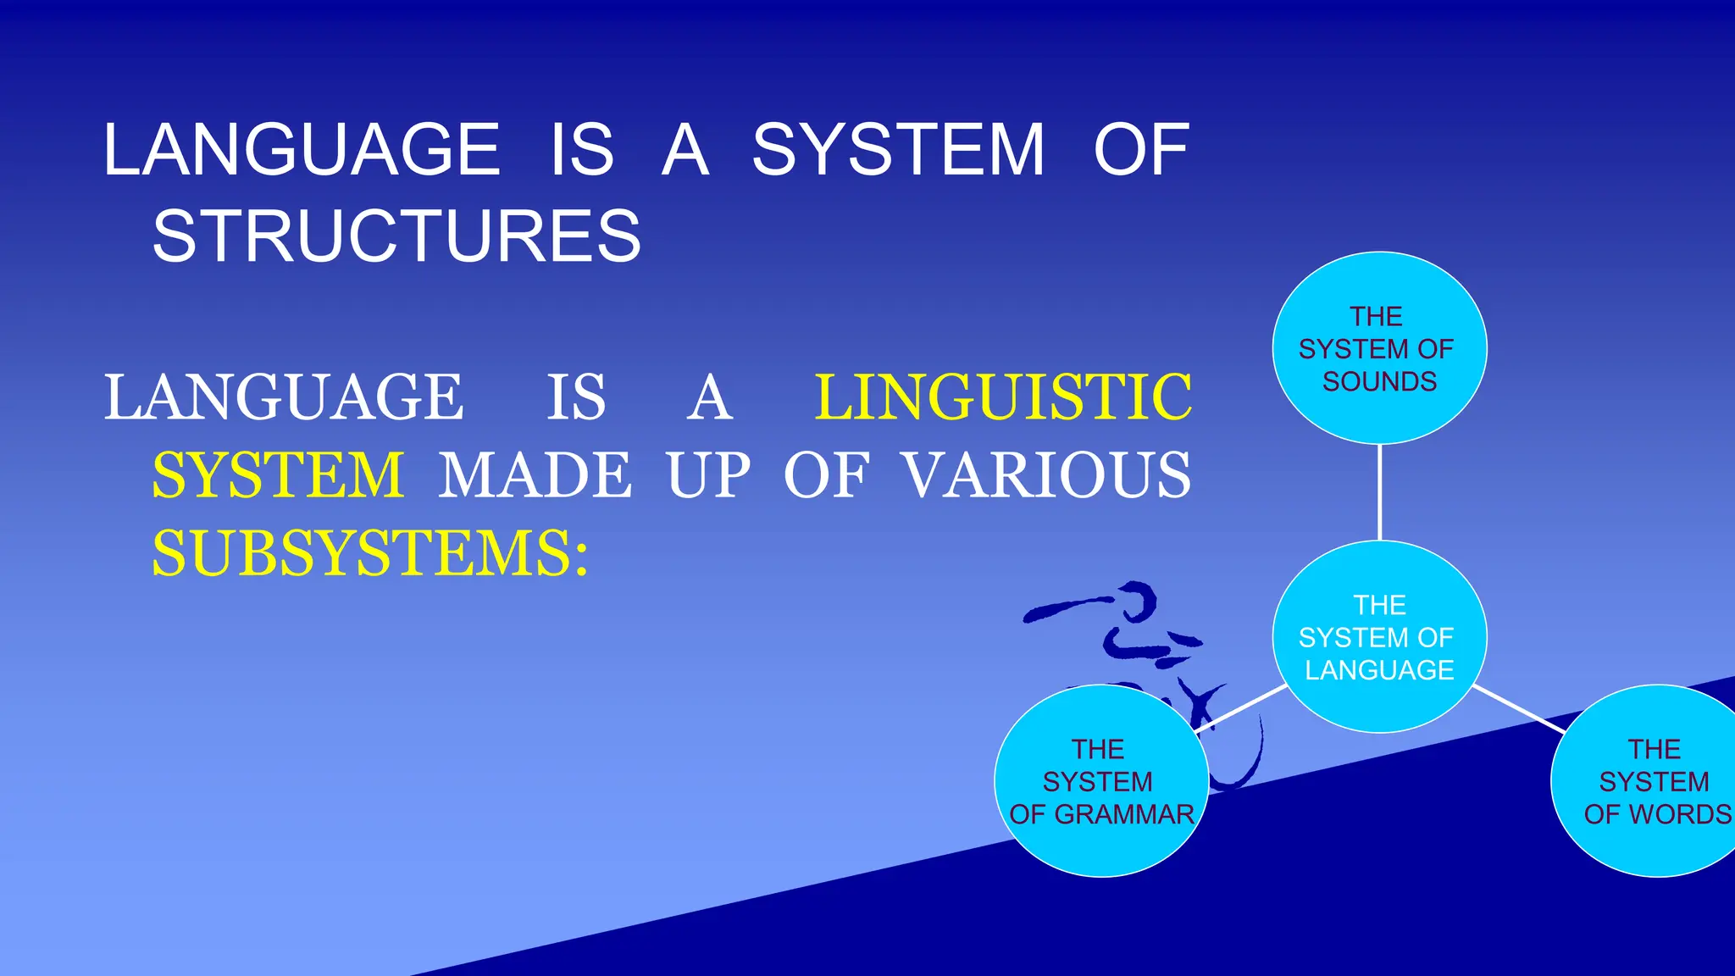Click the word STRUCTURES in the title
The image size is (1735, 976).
(396, 236)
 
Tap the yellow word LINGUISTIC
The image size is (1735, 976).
(1003, 397)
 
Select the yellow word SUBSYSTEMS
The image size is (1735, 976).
(369, 554)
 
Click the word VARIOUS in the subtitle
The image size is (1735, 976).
(1047, 475)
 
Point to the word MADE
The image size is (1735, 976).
(535, 475)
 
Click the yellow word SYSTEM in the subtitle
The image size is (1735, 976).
(278, 475)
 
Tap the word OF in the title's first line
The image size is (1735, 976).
(1141, 150)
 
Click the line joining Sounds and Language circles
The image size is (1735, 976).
(1380, 492)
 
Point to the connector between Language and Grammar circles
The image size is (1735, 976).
(1241, 708)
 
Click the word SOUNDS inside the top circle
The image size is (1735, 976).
(1379, 382)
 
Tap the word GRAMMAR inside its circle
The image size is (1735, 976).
(1124, 814)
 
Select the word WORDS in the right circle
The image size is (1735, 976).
(1681, 814)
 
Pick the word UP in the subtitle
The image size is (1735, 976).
(708, 475)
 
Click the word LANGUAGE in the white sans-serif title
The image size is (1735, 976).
(302, 150)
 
